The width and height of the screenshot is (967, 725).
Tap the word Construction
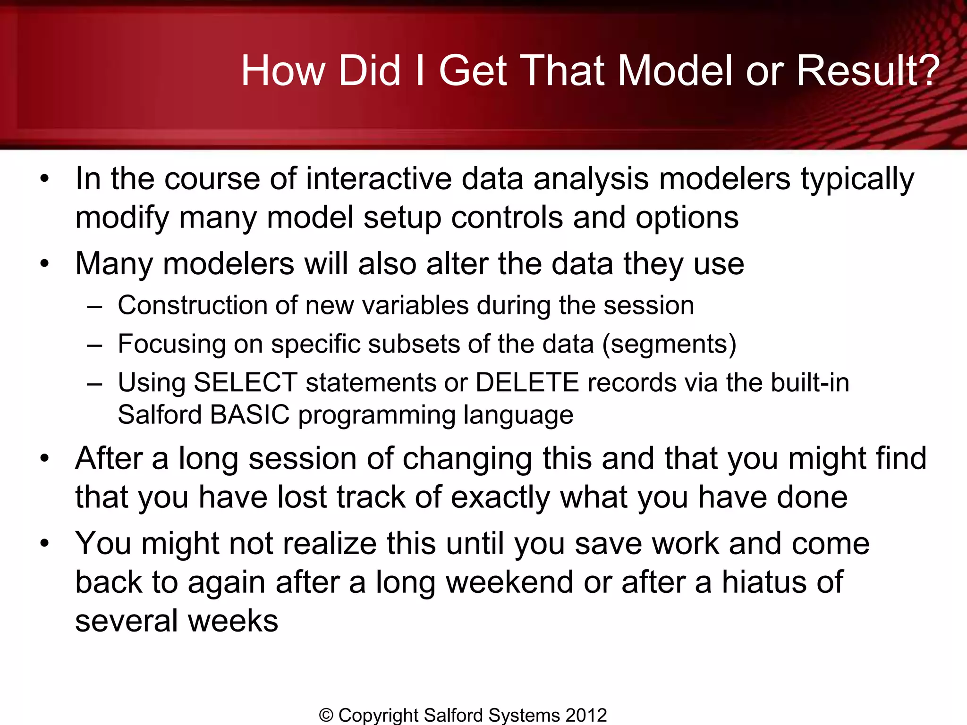click(192, 305)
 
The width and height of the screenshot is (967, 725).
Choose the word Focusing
click(171, 345)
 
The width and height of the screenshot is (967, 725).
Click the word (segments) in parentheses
click(669, 345)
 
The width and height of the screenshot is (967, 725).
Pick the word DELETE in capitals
click(527, 382)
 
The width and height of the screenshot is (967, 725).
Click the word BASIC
click(249, 415)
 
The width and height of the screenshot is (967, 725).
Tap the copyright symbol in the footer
click(326, 716)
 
